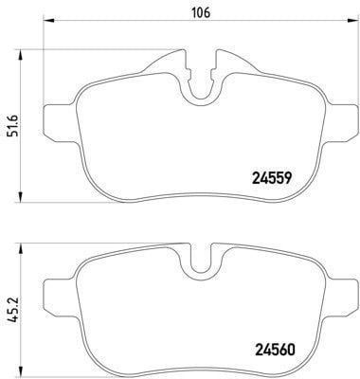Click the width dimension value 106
click(199, 13)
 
